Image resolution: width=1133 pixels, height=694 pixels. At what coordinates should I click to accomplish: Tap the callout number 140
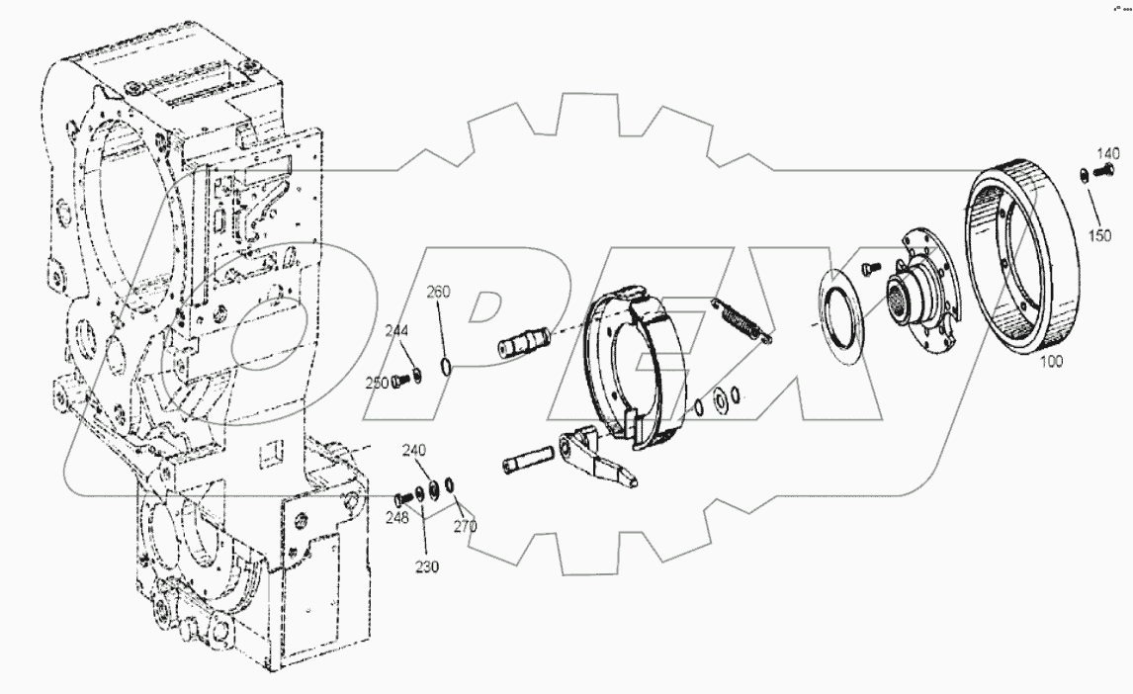pyautogui.click(x=1107, y=153)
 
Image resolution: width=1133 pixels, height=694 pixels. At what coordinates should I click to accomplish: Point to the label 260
pyautogui.click(x=439, y=292)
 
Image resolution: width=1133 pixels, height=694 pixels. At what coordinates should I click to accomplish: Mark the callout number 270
pyautogui.click(x=465, y=526)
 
